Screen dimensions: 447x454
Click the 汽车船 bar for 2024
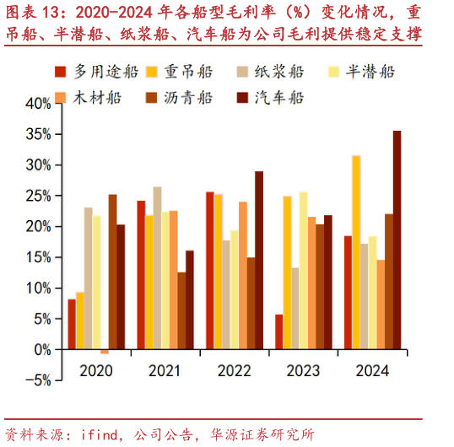[397, 240]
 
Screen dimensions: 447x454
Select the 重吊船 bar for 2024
[356, 251]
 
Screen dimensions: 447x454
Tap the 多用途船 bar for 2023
[278, 331]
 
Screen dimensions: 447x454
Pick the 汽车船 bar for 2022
[259, 260]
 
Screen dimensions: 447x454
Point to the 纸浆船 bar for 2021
[157, 267]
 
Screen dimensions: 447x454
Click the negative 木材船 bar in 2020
[105, 351]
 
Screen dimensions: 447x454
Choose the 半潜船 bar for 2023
[303, 270]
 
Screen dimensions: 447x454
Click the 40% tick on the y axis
[38, 103]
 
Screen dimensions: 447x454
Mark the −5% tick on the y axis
[36, 380]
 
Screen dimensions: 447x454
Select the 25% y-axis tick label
[38, 196]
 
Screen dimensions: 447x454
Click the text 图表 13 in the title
[34, 13]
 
